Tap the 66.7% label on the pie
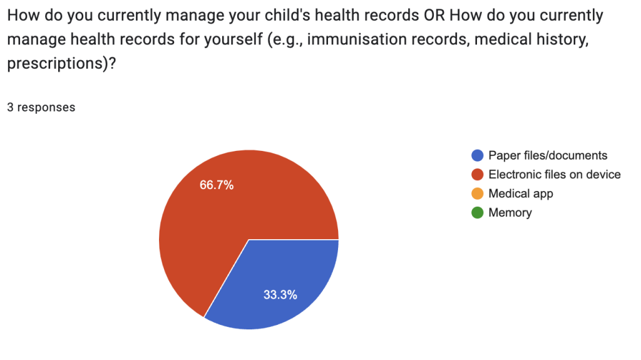pos(217,185)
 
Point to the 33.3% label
pos(280,294)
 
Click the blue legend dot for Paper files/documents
pos(478,155)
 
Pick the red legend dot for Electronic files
pos(478,175)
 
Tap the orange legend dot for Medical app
pos(478,193)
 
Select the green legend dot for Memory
pos(478,213)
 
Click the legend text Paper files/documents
pos(548,155)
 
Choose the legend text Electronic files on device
pos(555,175)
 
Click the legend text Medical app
pos(521,194)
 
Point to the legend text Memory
pos(510,213)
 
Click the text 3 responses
pos(41,107)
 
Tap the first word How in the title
pos(24,16)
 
